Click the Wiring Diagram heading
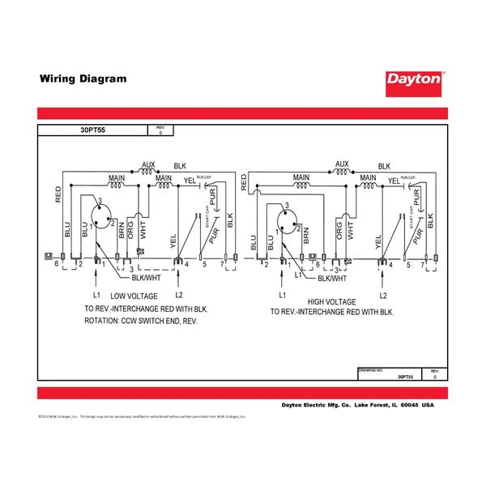[83, 79]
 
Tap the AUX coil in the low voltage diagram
[147, 172]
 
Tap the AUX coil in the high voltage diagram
[341, 172]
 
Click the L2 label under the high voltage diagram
[383, 296]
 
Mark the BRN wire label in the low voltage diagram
[122, 232]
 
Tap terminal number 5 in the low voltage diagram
[204, 265]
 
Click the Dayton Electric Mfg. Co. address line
[357, 405]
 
